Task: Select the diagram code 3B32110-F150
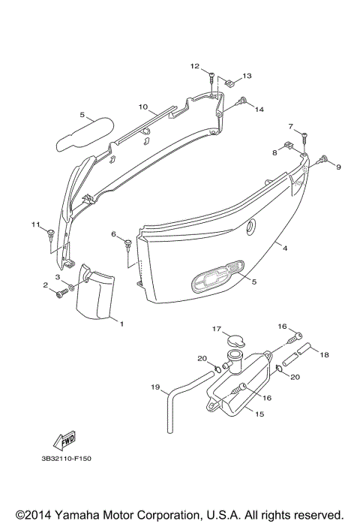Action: click(67, 459)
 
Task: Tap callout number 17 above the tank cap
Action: click(217, 329)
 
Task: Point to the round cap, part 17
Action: click(235, 342)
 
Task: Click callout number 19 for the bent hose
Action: click(155, 387)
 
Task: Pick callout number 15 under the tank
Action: click(259, 414)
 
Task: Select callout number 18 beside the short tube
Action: click(324, 354)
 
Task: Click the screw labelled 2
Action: click(62, 294)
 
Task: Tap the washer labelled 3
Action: click(71, 287)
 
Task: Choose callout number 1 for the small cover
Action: click(121, 324)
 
